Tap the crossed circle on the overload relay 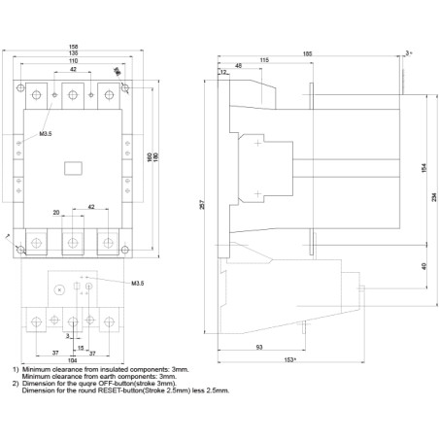pyautogui.click(x=60, y=289)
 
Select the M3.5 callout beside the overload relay pyautogui.click(x=137, y=284)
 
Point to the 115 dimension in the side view pyautogui.click(x=264, y=61)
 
